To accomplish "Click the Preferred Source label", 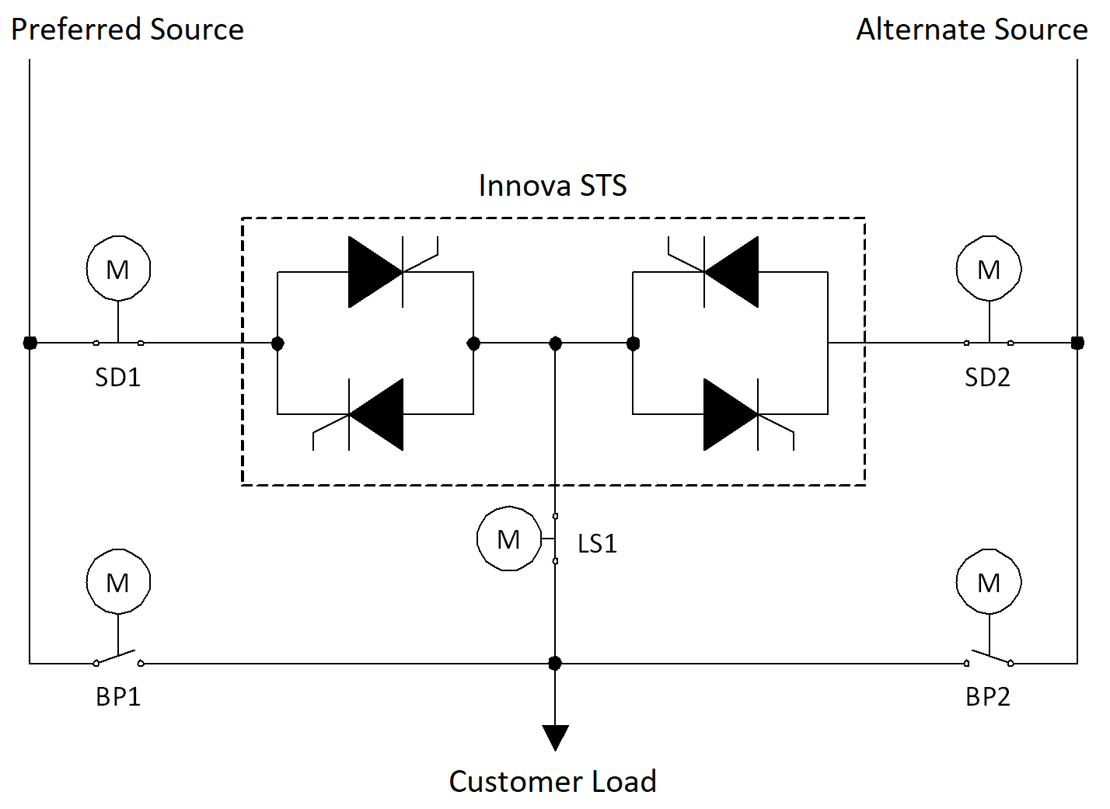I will (x=127, y=30).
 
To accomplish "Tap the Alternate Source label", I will (x=972, y=30).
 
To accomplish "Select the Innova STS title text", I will (x=553, y=186).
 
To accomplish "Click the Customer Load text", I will (x=553, y=781).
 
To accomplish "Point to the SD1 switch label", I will (x=118, y=378).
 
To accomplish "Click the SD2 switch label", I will (x=987, y=378).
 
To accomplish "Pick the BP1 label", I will (x=118, y=697).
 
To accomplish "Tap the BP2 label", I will (x=988, y=697).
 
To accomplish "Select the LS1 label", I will (x=597, y=544).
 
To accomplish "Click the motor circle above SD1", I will (x=118, y=269).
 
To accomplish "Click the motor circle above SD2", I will (x=989, y=269).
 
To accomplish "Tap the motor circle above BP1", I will (x=118, y=582).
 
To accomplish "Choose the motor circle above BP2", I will (x=989, y=582).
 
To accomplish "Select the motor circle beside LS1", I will (x=509, y=539).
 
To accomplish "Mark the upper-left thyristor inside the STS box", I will (x=376, y=272).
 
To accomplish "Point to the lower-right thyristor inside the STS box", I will (x=731, y=414).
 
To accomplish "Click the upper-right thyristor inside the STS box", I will (x=731, y=272).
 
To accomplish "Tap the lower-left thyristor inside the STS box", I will (x=376, y=414).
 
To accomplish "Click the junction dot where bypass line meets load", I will (x=555, y=663).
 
